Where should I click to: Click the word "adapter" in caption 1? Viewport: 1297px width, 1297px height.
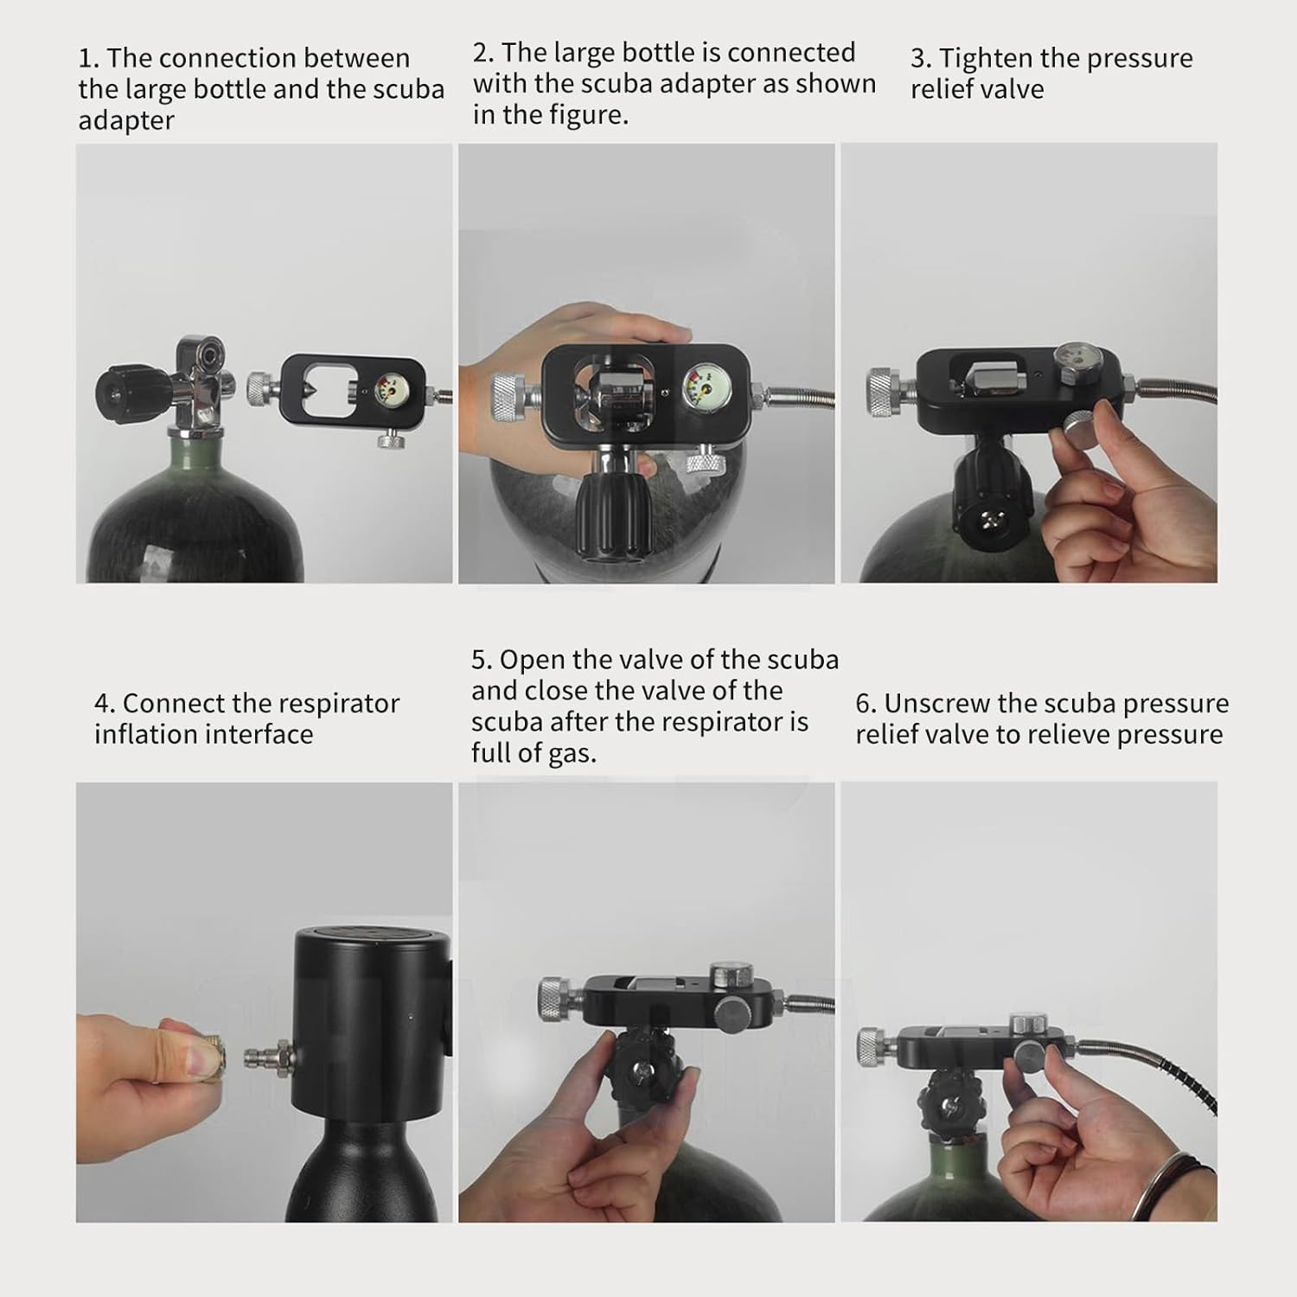[x=126, y=121]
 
